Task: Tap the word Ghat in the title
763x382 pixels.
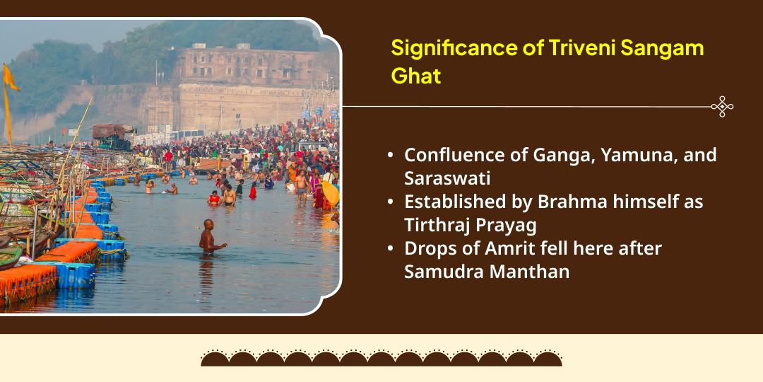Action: [x=416, y=76]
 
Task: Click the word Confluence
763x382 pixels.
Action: [x=453, y=155]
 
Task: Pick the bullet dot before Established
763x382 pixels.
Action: [x=391, y=202]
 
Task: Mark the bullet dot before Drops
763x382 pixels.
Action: [x=391, y=249]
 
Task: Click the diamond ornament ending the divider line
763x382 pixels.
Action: [x=722, y=107]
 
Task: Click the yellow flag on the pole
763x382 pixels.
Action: [x=10, y=78]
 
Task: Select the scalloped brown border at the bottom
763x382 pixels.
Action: [x=381, y=358]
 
